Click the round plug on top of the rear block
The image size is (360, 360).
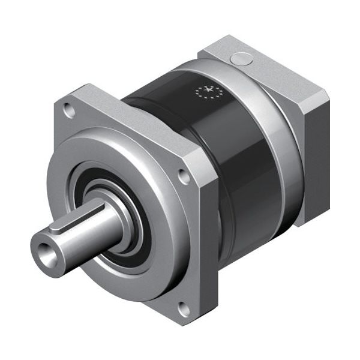[x=242, y=59]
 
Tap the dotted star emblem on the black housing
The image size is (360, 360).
[x=209, y=92]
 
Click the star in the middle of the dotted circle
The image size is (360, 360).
[x=209, y=92]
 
